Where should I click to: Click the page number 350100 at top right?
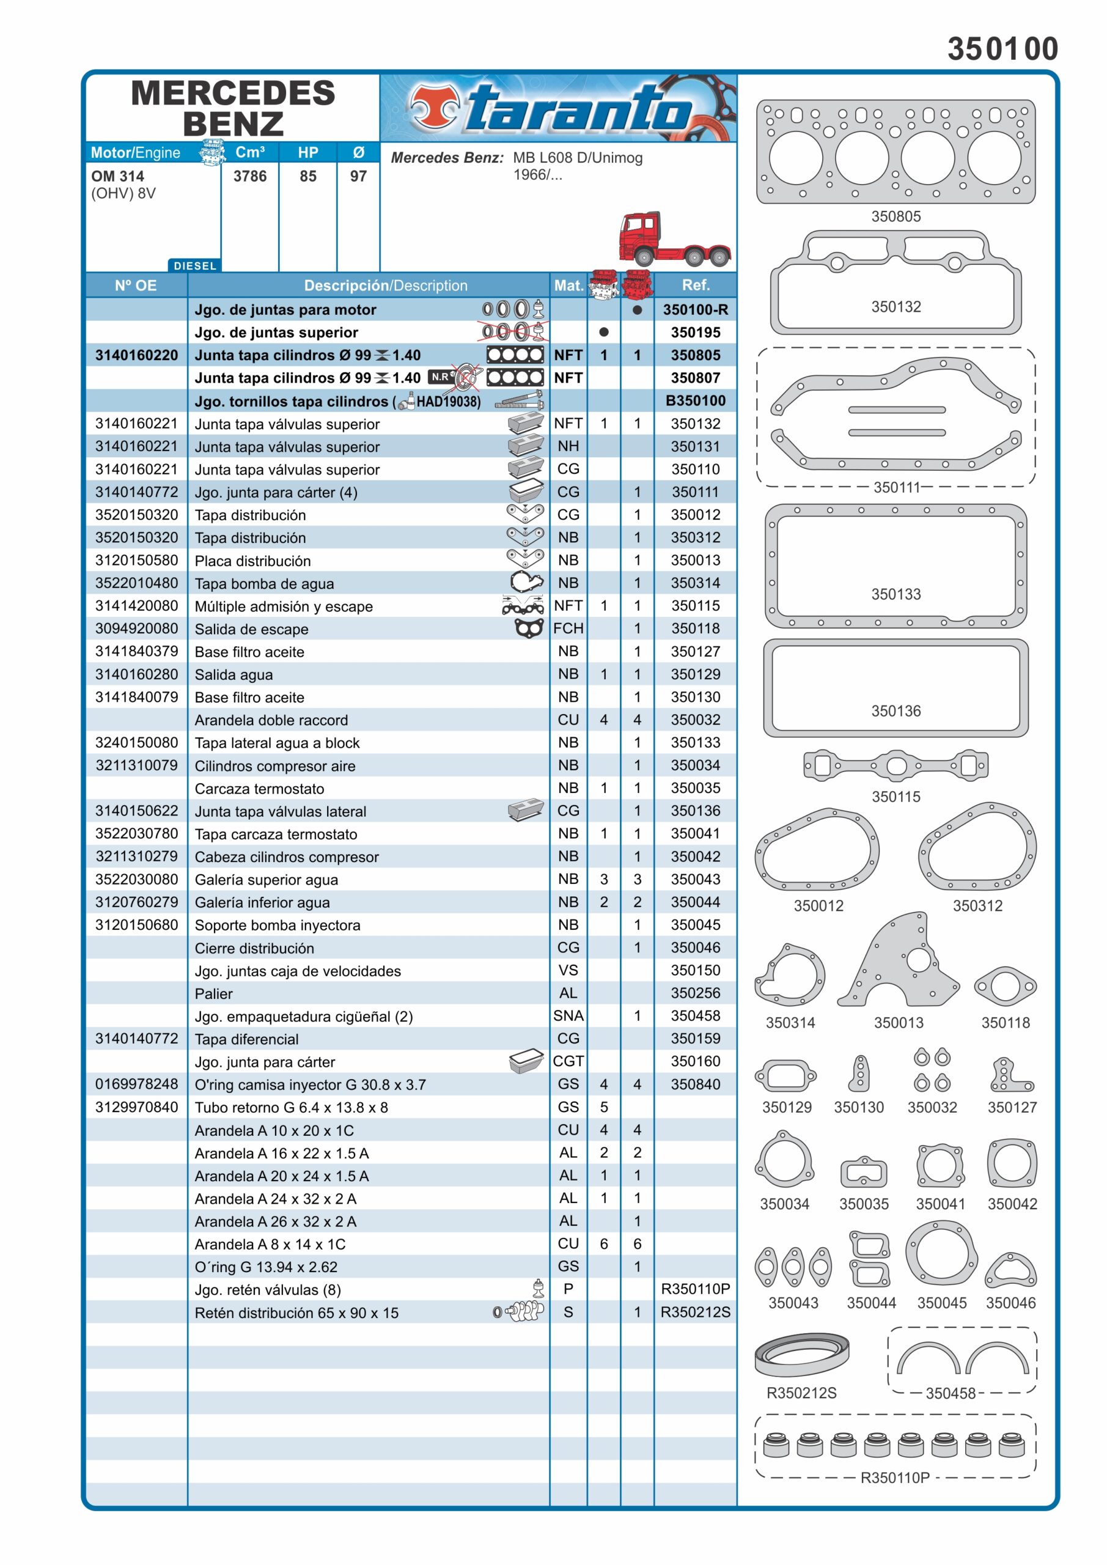1002,49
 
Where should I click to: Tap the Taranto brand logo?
557,108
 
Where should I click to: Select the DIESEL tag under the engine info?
195,266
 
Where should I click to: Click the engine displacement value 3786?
250,177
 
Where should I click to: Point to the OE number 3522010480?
136,583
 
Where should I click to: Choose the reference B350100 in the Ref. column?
695,401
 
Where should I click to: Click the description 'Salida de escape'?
251,629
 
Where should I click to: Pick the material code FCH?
568,628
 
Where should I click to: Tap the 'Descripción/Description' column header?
386,285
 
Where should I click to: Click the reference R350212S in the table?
695,1312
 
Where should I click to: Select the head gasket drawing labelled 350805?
895,152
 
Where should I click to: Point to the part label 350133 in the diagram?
896,594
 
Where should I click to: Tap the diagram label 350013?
899,1022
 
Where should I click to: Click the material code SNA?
568,1015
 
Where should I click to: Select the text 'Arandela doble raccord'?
271,721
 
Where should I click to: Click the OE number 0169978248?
136,1084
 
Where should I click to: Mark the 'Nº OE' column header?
136,285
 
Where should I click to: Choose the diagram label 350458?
951,1393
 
